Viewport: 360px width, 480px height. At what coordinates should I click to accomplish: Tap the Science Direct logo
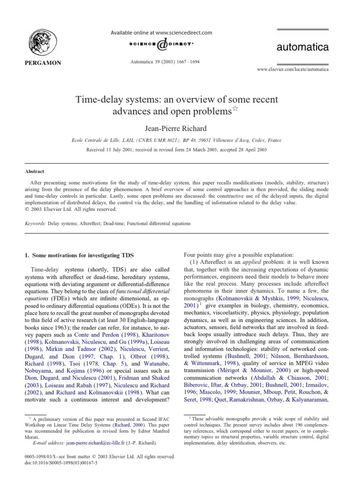pyautogui.click(x=161, y=45)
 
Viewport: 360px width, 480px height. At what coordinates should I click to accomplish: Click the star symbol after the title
pyautogui.click(x=236, y=109)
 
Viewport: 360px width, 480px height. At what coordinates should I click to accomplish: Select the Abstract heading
pyautogui.click(x=34, y=172)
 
